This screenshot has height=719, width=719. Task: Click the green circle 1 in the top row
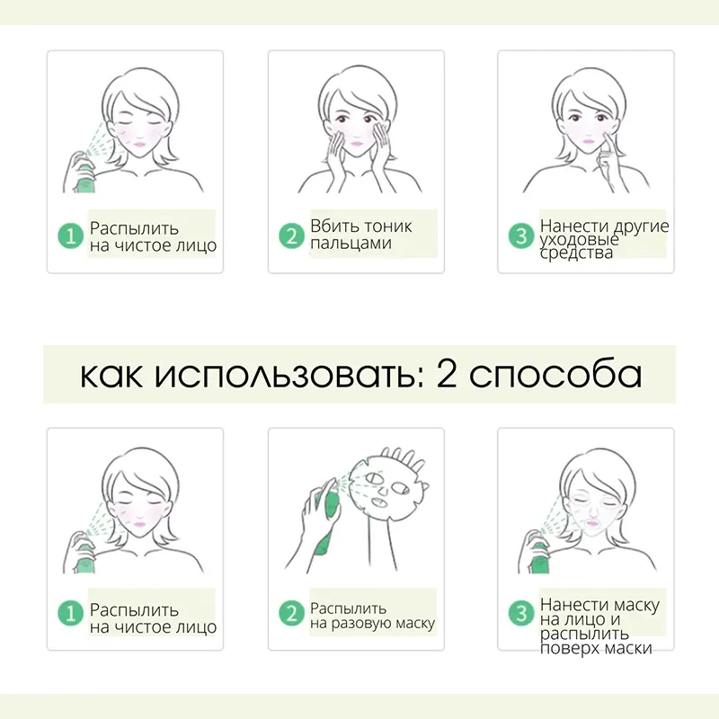coord(70,235)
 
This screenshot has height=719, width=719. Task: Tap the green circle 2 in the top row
coord(291,235)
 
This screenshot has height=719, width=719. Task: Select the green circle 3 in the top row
coord(521,235)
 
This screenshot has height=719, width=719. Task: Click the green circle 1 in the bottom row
coord(70,613)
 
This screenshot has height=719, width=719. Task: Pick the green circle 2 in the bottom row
coord(291,613)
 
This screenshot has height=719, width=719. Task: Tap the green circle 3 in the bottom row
coord(521,613)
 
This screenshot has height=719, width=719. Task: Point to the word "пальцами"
coord(351,244)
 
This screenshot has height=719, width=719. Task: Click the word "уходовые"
coord(579,240)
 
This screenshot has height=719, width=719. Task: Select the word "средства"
coord(576,253)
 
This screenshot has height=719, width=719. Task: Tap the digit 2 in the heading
coord(446,373)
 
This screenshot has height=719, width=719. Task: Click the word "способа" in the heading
coord(555,375)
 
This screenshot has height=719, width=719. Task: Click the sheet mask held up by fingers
coord(386,487)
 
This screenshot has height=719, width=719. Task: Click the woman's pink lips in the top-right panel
coord(589,140)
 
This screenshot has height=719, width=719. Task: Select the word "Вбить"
coord(330,226)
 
